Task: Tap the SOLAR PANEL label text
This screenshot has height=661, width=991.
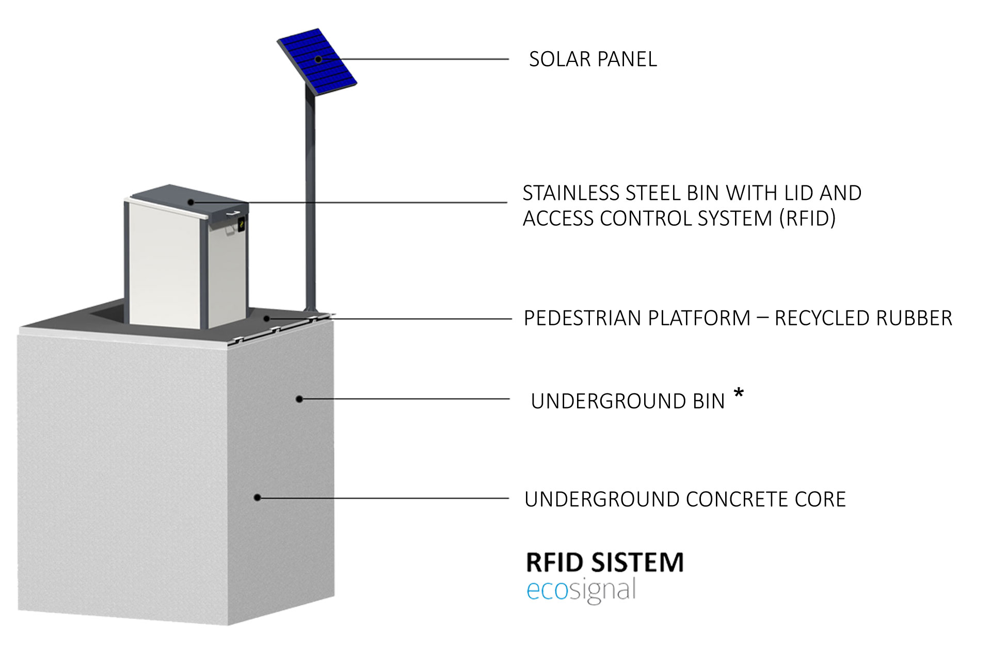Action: click(593, 59)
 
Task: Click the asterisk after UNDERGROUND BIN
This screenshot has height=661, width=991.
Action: click(739, 394)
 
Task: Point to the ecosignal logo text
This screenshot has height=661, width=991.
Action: click(581, 590)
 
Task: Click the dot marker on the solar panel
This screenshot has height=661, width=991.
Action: click(318, 59)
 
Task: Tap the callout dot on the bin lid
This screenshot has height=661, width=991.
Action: click(191, 202)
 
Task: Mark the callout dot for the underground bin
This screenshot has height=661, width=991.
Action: click(299, 399)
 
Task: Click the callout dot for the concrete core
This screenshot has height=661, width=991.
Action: click(257, 497)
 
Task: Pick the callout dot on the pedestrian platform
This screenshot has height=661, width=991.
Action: click(267, 318)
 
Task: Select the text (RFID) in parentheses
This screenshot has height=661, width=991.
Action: click(807, 218)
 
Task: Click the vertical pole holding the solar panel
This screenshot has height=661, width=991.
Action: click(310, 207)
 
